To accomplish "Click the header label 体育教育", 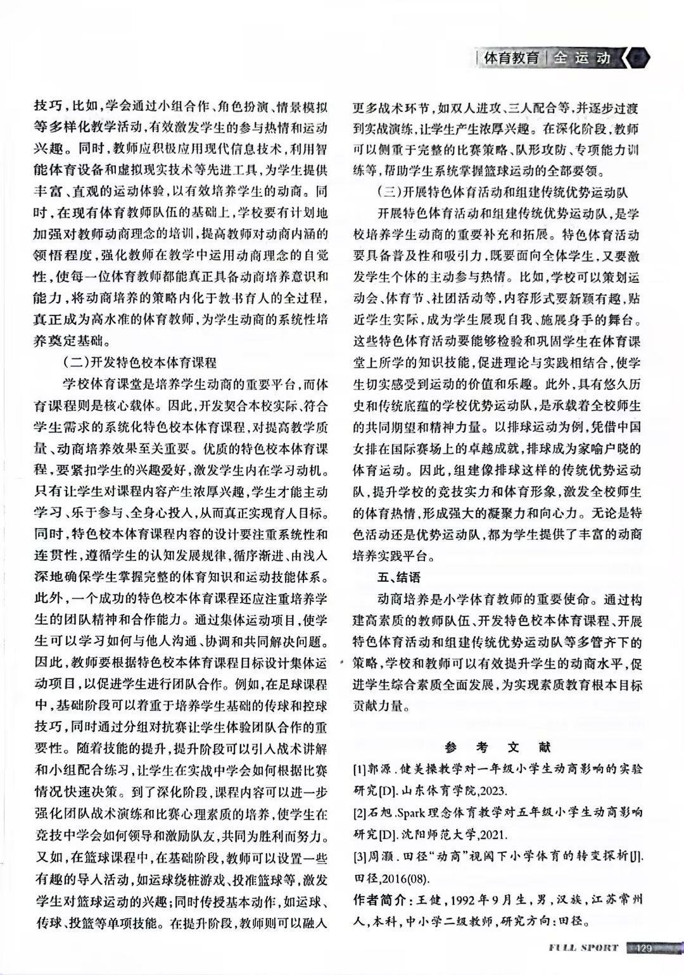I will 511,58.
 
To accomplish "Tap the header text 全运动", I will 582,58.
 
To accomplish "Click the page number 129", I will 643,948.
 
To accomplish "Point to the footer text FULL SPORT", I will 583,948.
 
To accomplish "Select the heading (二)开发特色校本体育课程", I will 140,363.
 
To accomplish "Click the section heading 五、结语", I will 399,577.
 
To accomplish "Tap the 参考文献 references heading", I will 497,748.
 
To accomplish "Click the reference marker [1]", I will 360,769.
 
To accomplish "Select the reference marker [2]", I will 360,812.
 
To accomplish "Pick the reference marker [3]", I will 360,856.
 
